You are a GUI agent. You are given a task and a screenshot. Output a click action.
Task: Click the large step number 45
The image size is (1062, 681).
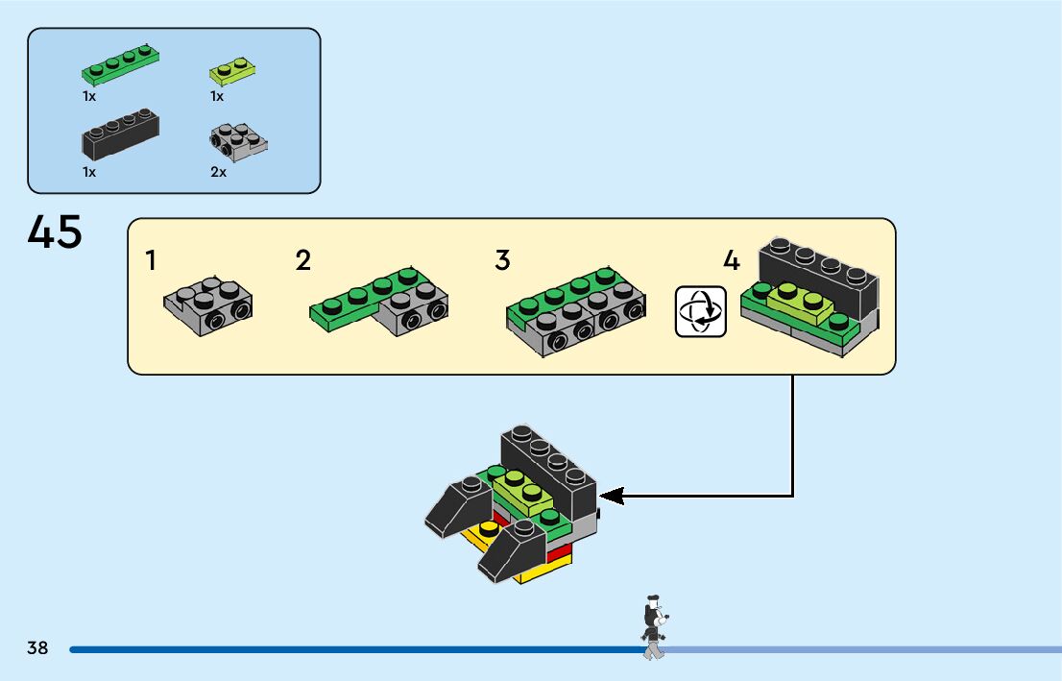(55, 231)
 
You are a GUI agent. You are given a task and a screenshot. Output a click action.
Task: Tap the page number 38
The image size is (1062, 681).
(37, 647)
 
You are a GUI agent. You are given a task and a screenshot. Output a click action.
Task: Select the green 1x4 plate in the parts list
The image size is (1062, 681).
(121, 64)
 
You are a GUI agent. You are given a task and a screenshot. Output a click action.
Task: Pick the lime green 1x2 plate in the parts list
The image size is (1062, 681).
(232, 70)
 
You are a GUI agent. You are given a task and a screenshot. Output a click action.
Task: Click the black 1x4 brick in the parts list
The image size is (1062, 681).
(121, 134)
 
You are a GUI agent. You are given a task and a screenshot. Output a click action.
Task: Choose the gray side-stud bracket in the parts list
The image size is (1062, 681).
(238, 142)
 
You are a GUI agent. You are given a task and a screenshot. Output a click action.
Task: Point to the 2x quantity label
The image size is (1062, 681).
(218, 172)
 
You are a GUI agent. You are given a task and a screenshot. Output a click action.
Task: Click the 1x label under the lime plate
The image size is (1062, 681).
(217, 96)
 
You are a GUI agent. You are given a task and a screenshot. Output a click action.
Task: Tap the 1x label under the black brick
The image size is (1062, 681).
(89, 172)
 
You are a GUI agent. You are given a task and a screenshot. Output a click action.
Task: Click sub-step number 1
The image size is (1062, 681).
(151, 260)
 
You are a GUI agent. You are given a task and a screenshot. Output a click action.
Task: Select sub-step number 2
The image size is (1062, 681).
(302, 260)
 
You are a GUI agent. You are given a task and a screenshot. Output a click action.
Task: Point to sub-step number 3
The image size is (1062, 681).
(502, 259)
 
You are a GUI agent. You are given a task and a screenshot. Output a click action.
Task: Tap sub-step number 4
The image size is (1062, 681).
(732, 260)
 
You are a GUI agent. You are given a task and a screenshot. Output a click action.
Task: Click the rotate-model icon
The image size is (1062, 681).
(701, 312)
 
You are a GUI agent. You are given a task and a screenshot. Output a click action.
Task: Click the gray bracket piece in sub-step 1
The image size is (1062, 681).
(208, 306)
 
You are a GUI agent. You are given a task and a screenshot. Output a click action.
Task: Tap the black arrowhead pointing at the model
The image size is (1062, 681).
(612, 496)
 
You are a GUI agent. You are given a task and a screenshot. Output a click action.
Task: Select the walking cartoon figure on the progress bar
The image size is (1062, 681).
(654, 627)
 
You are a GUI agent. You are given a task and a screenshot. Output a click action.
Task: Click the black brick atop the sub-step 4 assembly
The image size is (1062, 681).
(819, 278)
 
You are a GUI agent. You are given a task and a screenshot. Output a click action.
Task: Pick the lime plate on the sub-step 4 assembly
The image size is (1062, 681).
(801, 304)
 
